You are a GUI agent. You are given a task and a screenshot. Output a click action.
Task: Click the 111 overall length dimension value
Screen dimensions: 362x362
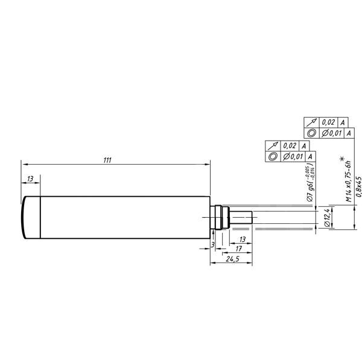tap(107, 160)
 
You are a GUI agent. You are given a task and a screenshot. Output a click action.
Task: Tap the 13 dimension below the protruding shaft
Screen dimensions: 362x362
tap(242, 240)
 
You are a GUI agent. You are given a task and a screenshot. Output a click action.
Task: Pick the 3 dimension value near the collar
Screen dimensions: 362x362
tap(213, 244)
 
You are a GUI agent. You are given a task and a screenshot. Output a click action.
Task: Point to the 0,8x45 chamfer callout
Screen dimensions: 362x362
tap(358, 186)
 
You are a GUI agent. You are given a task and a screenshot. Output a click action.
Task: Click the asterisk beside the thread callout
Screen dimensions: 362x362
tap(342, 159)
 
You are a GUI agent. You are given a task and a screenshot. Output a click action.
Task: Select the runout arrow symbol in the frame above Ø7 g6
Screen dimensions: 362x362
tap(273, 146)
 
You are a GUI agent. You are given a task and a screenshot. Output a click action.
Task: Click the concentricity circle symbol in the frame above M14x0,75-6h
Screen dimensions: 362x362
tap(311, 133)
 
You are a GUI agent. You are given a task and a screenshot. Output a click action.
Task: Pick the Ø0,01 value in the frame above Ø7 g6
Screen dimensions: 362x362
tap(292, 156)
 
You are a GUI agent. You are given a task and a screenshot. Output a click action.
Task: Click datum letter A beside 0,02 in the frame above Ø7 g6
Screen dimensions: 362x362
tap(304, 146)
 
